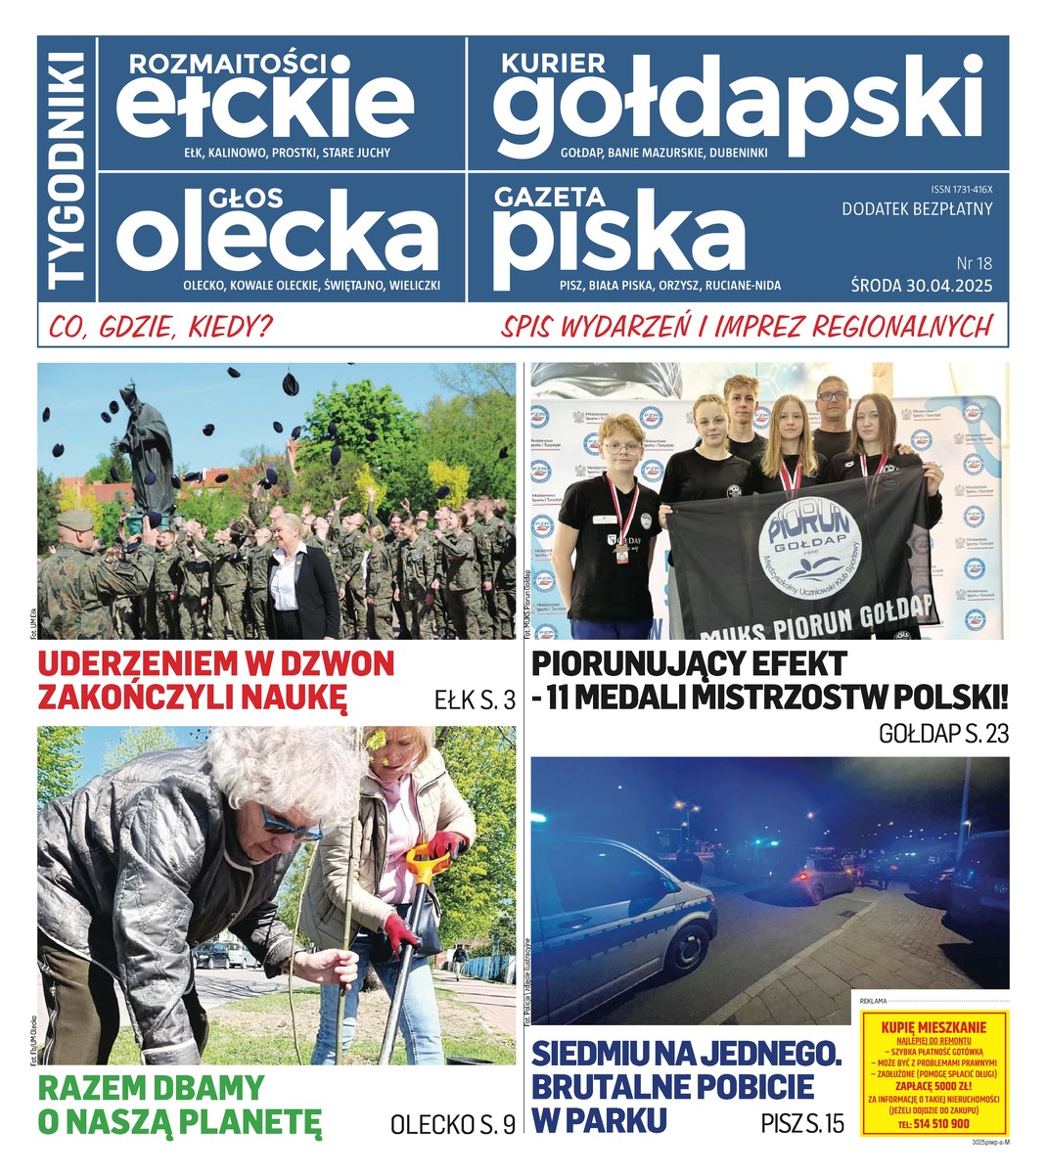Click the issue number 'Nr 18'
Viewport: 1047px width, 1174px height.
coord(973,263)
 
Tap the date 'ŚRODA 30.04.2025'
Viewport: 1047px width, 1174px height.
coord(921,286)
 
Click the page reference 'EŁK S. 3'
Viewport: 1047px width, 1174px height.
coord(475,700)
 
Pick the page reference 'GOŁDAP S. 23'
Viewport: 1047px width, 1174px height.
coord(943,734)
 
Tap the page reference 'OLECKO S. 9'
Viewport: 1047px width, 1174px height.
coord(452,1125)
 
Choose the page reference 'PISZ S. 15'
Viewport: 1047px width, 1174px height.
coord(801,1123)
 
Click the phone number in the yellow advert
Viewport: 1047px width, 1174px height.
coord(933,1124)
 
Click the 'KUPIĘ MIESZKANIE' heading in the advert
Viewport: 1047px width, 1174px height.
coord(933,1027)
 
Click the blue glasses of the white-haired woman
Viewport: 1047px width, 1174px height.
coord(290,825)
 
